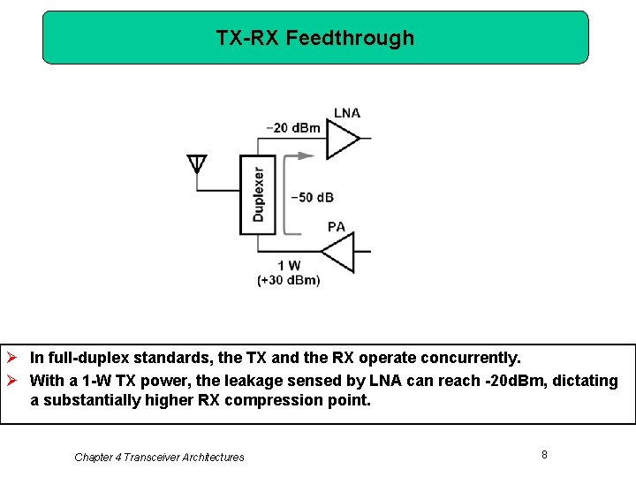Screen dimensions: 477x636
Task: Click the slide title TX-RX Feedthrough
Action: [314, 38]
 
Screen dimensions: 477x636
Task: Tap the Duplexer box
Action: [258, 194]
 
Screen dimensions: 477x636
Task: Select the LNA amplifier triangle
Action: [342, 138]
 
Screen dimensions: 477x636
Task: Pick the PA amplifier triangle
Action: [338, 252]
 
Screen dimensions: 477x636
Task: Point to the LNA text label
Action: [346, 113]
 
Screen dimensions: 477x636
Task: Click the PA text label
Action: [336, 227]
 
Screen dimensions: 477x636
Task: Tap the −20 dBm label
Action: [293, 128]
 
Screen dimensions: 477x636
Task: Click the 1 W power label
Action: [289, 266]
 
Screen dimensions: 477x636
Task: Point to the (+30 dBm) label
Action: [289, 280]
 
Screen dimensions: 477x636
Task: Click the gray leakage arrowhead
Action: [306, 155]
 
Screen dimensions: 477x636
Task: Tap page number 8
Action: [544, 454]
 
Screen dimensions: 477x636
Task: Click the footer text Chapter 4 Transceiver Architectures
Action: [159, 457]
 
